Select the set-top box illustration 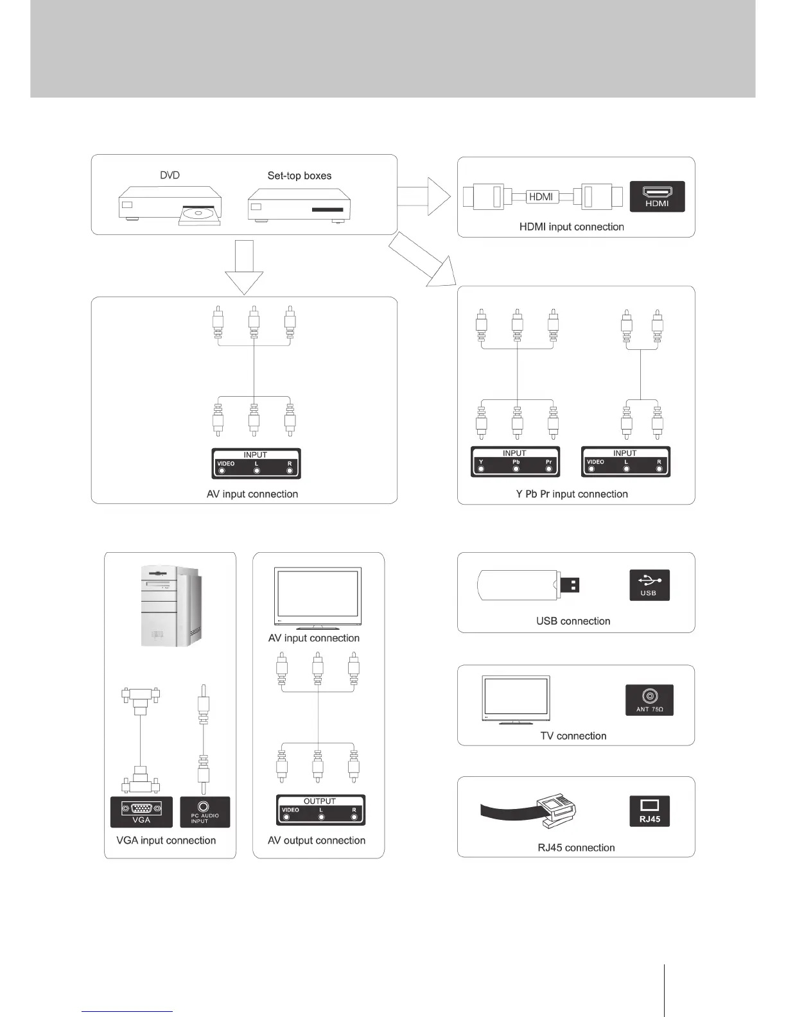pyautogui.click(x=299, y=205)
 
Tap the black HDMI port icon pyautogui.click(x=658, y=196)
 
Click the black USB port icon pyautogui.click(x=649, y=585)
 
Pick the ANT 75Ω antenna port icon pyautogui.click(x=649, y=700)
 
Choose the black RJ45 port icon pyautogui.click(x=649, y=811)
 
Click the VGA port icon pyautogui.click(x=141, y=812)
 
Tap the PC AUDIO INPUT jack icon pyautogui.click(x=205, y=812)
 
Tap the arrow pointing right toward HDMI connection pyautogui.click(x=424, y=196)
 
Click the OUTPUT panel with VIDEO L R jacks pyautogui.click(x=320, y=810)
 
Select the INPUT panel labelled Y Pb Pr pyautogui.click(x=515, y=462)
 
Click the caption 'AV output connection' pyautogui.click(x=317, y=840)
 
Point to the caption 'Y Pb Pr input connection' pyautogui.click(x=572, y=494)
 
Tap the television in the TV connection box pyautogui.click(x=516, y=700)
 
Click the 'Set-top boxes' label pyautogui.click(x=299, y=176)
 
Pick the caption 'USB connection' pyautogui.click(x=573, y=621)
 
